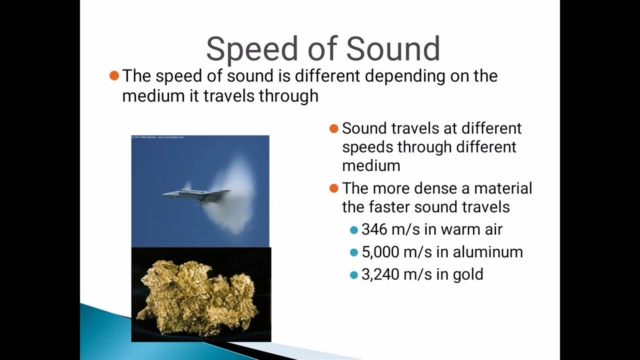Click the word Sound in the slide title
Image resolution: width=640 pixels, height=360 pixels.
(x=392, y=49)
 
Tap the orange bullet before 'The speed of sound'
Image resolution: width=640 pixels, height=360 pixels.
(x=114, y=75)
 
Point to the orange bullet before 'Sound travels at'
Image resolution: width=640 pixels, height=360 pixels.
(x=334, y=128)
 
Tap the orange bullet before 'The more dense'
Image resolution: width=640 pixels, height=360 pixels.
(x=334, y=188)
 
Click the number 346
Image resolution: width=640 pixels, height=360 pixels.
(x=374, y=229)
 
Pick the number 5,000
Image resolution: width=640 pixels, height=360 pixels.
(x=380, y=252)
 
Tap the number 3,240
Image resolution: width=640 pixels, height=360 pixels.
(x=380, y=274)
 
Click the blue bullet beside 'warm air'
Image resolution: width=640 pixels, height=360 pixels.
(x=354, y=230)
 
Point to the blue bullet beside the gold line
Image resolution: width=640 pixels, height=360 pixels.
(x=354, y=275)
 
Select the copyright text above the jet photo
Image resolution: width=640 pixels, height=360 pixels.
(x=158, y=137)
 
